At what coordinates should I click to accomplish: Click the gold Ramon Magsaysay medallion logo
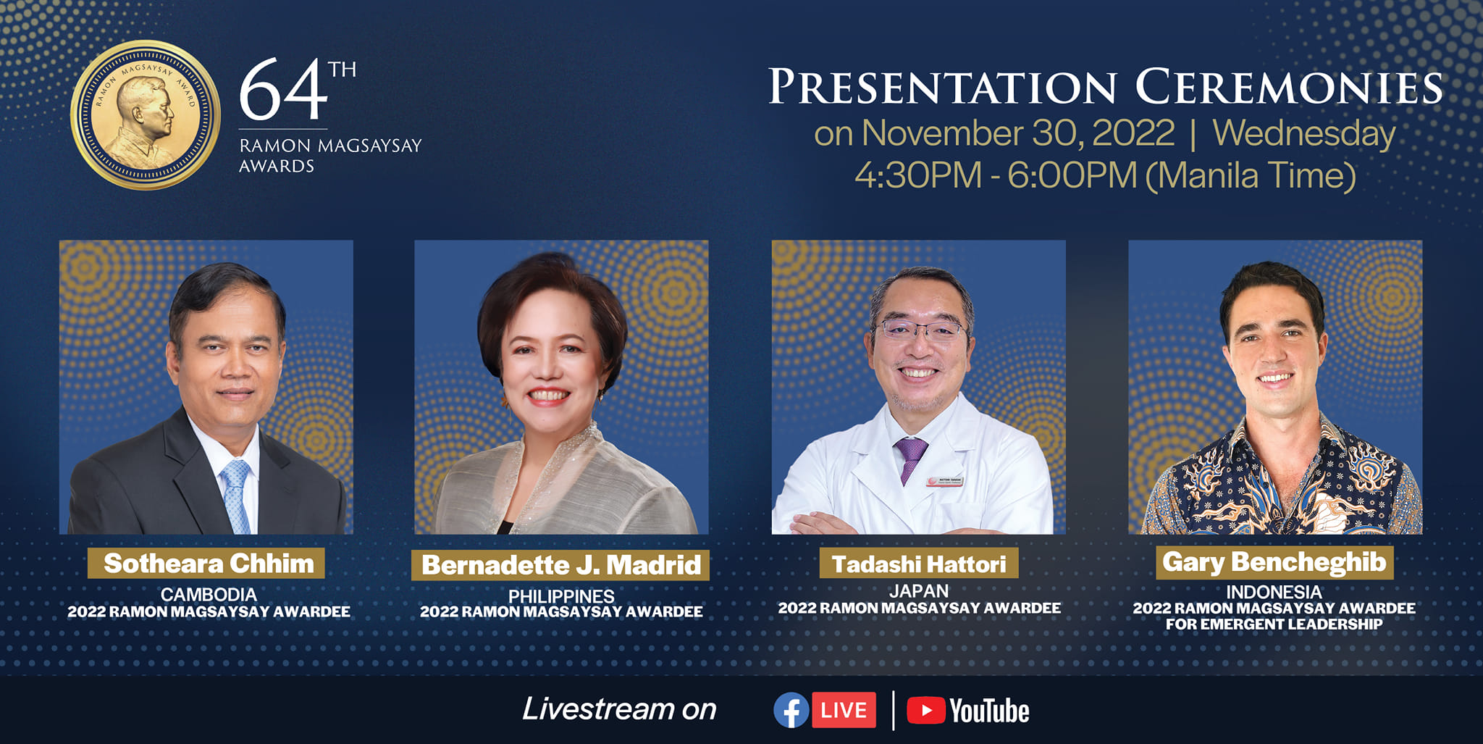[x=146, y=115]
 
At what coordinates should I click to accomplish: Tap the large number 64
[x=283, y=90]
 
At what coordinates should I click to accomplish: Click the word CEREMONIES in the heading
[x=1289, y=87]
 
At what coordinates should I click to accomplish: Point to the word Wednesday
[x=1304, y=134]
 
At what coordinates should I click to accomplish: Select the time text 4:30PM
[x=917, y=175]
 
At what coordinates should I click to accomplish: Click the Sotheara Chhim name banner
[x=206, y=563]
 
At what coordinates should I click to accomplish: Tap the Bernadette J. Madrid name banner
[x=560, y=565]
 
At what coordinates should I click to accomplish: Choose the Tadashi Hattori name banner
[x=919, y=563]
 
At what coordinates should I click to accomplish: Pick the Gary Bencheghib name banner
[x=1274, y=562]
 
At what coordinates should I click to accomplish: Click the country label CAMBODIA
[x=209, y=595]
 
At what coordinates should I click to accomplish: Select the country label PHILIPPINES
[x=561, y=596]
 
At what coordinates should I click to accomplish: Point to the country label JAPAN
[x=919, y=591]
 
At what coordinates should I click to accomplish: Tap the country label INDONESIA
[x=1274, y=592]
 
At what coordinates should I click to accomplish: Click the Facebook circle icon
[x=791, y=710]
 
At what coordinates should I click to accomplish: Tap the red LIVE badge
[x=844, y=710]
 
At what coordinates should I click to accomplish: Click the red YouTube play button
[x=925, y=710]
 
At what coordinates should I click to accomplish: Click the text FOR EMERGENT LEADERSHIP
[x=1274, y=624]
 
